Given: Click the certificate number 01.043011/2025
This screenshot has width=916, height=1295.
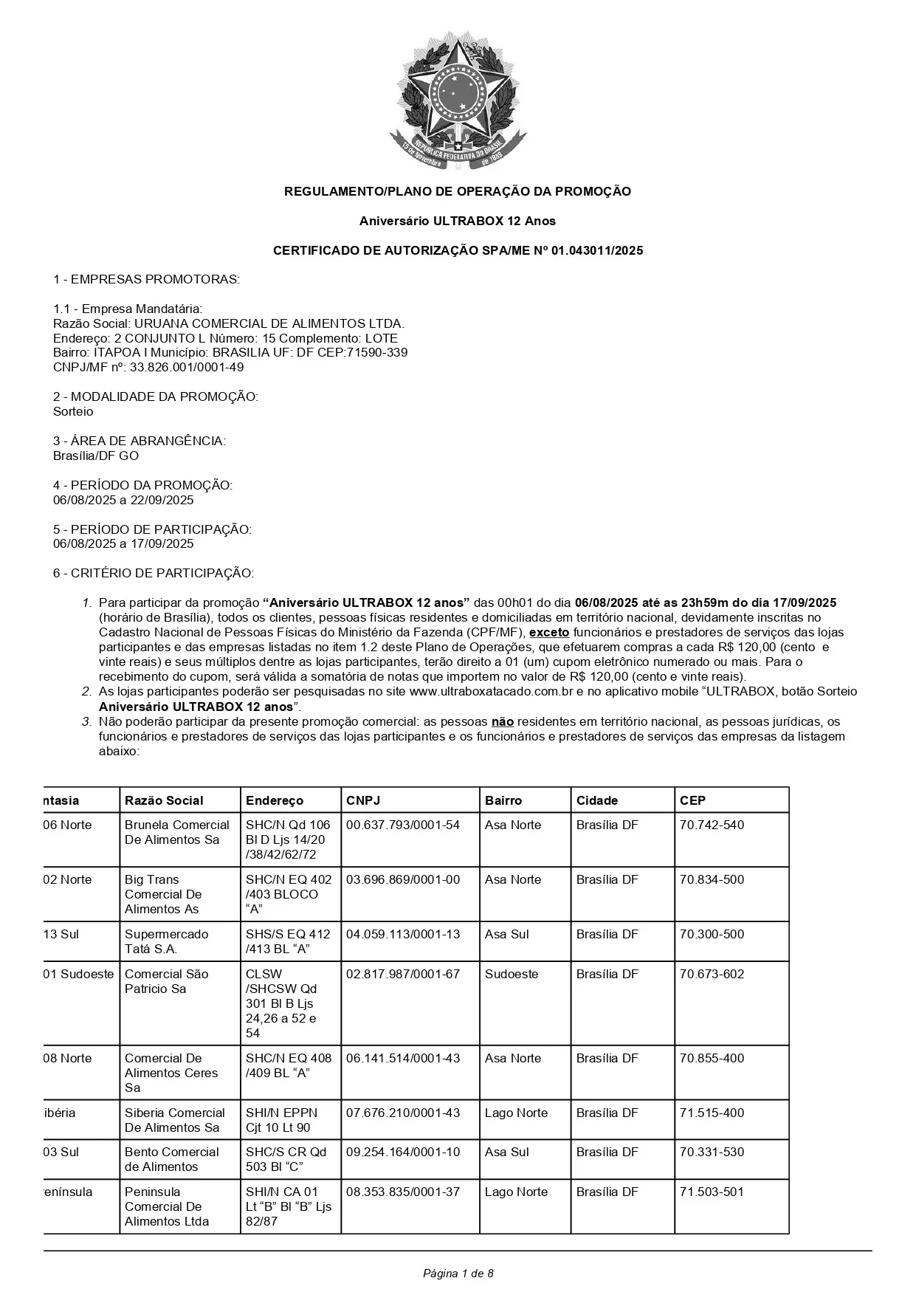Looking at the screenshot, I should click(597, 250).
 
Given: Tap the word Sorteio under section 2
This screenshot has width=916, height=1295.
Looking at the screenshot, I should click(73, 411).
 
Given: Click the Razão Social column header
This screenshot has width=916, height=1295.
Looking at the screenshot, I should click(164, 800).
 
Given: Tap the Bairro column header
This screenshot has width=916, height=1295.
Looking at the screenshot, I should click(503, 800).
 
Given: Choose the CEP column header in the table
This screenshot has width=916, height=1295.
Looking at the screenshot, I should click(692, 800).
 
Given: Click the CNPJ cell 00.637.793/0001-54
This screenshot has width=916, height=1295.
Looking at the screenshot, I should click(403, 825).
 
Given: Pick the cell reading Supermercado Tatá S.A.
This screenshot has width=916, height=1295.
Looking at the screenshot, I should click(167, 941).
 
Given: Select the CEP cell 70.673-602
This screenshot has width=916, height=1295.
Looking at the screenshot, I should click(712, 974).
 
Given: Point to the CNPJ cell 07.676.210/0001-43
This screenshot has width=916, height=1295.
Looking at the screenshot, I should click(403, 1113).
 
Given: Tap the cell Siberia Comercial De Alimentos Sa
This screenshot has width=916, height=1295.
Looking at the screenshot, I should click(175, 1120).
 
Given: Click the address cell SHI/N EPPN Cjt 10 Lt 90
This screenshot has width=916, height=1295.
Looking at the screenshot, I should click(281, 1120).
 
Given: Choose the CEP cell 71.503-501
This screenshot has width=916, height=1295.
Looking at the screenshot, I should click(712, 1192).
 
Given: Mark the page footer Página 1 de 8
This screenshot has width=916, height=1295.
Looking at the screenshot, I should click(458, 1273).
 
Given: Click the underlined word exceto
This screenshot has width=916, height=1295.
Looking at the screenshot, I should click(549, 632).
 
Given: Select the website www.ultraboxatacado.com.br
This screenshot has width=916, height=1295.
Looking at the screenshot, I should click(492, 692).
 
